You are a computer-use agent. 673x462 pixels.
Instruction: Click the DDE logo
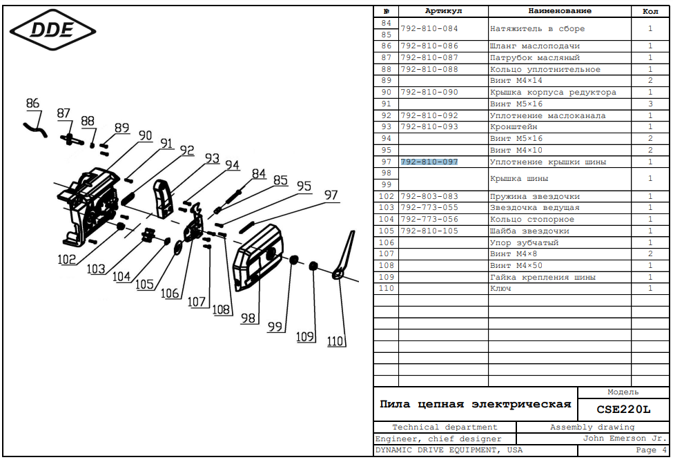pyautogui.click(x=52, y=30)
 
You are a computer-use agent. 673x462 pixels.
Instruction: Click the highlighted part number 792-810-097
pyautogui.click(x=429, y=162)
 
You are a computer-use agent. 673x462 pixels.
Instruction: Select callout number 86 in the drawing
pyautogui.click(x=32, y=104)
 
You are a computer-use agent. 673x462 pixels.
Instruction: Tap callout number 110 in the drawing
pyautogui.click(x=335, y=341)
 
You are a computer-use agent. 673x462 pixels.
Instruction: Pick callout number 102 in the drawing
pyautogui.click(x=66, y=259)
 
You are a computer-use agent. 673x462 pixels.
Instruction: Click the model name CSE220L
pyautogui.click(x=623, y=410)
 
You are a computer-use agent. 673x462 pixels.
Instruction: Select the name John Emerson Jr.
pyautogui.click(x=625, y=439)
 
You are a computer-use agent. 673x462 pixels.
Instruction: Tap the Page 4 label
pyautogui.click(x=651, y=450)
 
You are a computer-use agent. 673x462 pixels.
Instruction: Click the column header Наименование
pyautogui.click(x=560, y=11)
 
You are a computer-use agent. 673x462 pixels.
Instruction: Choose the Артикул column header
pyautogui.click(x=443, y=11)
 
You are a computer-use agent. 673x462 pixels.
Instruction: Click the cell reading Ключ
pyautogui.click(x=500, y=289)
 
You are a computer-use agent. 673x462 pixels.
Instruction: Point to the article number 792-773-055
pyautogui.click(x=429, y=207)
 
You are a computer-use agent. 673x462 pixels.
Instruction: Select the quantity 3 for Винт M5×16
pyautogui.click(x=650, y=104)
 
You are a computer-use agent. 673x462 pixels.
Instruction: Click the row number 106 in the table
pyautogui.click(x=387, y=242)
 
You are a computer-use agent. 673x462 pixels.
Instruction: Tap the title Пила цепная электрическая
pyautogui.click(x=475, y=404)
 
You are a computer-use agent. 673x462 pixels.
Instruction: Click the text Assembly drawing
pyautogui.click(x=592, y=427)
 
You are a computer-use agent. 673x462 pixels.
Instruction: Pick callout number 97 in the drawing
pyautogui.click(x=331, y=195)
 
